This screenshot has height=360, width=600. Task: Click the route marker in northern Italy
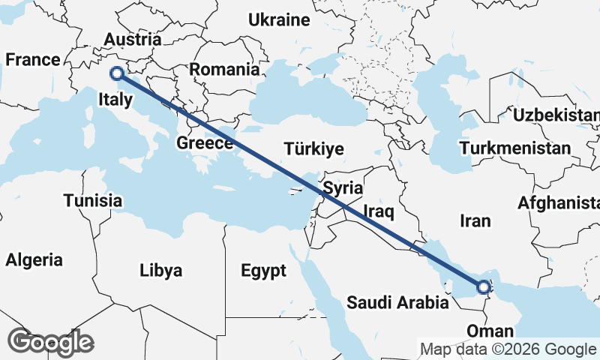pos(116,73)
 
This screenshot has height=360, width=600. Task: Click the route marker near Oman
pos(484,286)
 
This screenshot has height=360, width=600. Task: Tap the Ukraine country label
pos(279,19)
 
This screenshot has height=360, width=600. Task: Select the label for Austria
pos(133,40)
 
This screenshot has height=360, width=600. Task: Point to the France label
pos(32,60)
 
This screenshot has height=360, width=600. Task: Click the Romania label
pos(224,70)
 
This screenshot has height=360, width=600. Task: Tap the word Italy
pos(115,98)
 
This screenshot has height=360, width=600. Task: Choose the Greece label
pos(205,143)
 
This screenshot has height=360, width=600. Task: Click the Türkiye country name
pos(313,148)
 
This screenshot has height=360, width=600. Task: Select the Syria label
pos(344,187)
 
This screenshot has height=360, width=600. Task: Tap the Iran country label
pos(475,220)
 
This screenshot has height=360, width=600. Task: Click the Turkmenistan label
pos(516,148)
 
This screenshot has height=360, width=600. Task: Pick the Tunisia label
pos(93,200)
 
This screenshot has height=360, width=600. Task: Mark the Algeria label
pos(34,260)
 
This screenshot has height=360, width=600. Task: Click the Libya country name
pos(160,271)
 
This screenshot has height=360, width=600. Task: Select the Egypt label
pos(264,271)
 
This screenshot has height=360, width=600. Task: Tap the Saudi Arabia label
pos(397,303)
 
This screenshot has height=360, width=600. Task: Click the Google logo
pos(50,342)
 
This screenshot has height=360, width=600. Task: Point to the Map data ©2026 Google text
pos(508,349)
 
